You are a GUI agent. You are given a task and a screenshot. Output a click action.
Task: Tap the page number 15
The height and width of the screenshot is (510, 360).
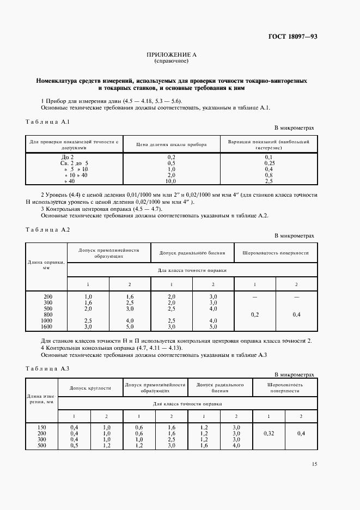pos(314,464)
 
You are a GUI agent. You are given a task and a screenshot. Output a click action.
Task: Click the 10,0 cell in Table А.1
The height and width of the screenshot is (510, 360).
pos(172,181)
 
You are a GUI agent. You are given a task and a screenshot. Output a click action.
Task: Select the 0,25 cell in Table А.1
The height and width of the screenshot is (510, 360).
pos(269,163)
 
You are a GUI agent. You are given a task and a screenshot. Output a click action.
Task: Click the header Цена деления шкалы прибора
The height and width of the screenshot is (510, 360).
pos(172,144)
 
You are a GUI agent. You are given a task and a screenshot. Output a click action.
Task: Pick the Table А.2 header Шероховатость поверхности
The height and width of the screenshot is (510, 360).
pos(275,253)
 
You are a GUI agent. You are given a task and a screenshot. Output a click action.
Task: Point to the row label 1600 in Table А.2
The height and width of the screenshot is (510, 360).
pos(47,326)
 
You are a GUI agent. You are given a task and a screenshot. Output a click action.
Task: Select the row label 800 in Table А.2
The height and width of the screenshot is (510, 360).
pos(47,315)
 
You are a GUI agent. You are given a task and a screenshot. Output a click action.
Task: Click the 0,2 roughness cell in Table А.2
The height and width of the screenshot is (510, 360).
pos(254,314)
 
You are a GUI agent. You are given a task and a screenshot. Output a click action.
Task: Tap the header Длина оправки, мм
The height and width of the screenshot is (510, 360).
pos(47,265)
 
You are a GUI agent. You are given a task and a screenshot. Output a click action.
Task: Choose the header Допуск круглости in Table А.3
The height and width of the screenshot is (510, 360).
pos(90,388)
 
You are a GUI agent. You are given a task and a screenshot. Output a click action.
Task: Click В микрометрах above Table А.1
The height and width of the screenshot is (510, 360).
pos(294,127)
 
